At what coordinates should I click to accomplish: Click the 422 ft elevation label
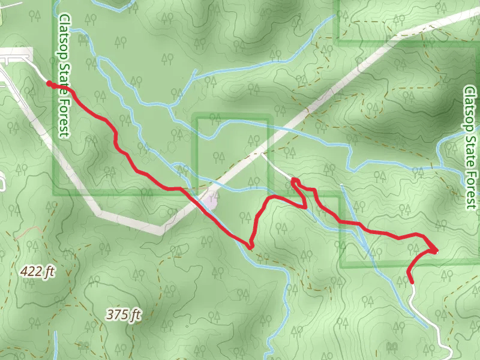[x=37, y=272]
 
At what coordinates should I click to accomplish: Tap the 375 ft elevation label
[x=124, y=314]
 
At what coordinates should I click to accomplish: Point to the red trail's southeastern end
[x=410, y=280]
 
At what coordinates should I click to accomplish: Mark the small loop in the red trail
[x=295, y=181]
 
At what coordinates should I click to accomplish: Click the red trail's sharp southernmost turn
[x=250, y=246]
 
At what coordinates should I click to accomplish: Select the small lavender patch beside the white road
[x=211, y=202]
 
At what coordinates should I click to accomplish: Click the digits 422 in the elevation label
[x=31, y=272]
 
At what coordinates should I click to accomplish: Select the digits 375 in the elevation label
[x=116, y=314]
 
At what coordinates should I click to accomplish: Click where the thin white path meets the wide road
[x=262, y=154]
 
